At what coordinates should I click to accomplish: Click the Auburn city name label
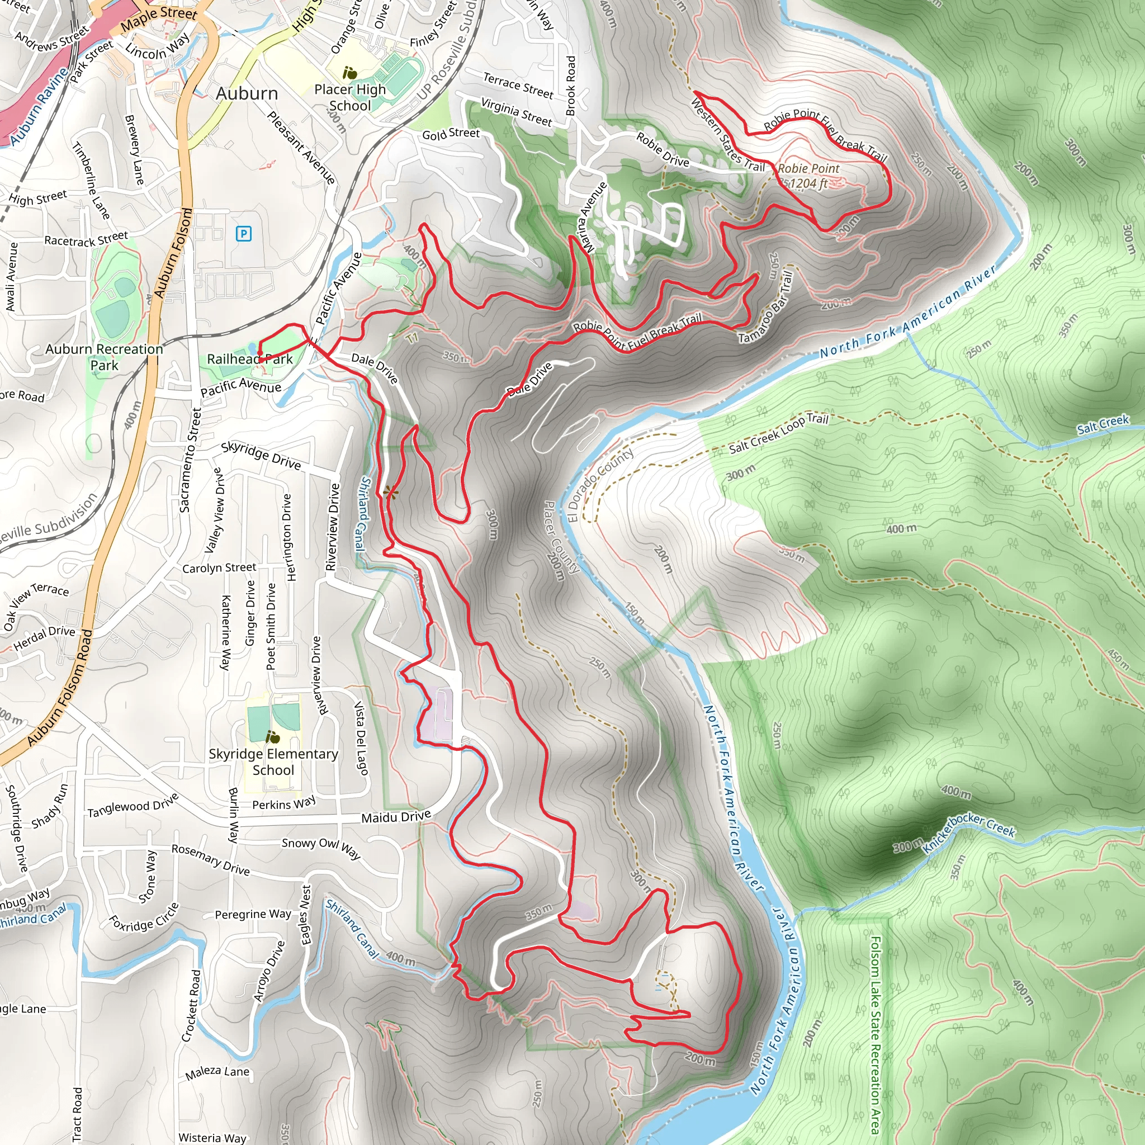coord(247,93)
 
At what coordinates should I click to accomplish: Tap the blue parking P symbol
coord(244,234)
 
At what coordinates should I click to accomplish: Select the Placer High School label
coord(349,97)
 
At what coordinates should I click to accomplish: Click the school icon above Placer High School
coord(350,73)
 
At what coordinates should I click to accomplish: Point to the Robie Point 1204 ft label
coord(808,176)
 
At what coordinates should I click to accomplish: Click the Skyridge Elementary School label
coord(273,761)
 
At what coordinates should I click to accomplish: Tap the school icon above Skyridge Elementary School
coord(273,737)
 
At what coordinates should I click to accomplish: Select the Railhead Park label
coord(249,359)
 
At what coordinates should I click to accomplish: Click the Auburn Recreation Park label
coord(105,357)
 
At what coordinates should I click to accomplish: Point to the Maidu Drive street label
coord(396,817)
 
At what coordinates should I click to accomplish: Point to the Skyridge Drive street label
coord(261,456)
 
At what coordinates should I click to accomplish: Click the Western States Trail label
coord(728,135)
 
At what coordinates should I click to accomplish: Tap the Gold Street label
coord(451,134)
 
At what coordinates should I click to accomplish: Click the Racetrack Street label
coord(86,239)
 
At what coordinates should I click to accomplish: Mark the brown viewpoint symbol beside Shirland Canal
coord(391,491)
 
